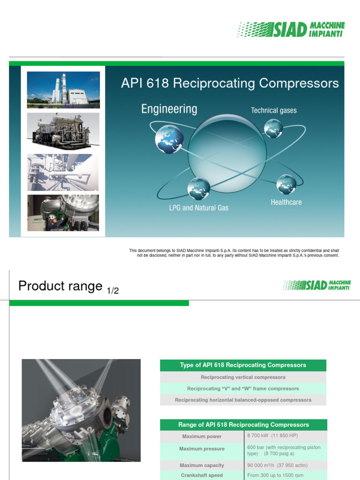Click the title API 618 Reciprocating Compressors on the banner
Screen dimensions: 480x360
pos(230,83)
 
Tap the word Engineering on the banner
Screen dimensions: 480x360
pos(169,109)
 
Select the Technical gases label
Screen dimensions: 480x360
pos(274,111)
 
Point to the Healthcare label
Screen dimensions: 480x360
pos(286,202)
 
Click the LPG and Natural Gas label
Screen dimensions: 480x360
pos(198,208)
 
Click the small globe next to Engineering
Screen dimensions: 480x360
pos(169,139)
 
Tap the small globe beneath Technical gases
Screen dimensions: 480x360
pos(273,128)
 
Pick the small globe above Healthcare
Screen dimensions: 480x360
pos(286,184)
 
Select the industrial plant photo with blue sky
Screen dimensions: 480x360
pos(63,90)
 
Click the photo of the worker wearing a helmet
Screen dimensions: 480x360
pos(63,213)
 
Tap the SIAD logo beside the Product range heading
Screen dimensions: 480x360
pos(317,285)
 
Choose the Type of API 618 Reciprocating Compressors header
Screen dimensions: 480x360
pos(243,365)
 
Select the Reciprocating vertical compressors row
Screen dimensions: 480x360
pos(243,377)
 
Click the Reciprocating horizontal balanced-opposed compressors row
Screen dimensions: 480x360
pos(243,400)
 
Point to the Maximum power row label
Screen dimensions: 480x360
pos(202,436)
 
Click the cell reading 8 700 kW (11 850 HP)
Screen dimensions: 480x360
pos(272,436)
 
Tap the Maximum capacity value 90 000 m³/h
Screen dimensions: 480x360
pos(277,465)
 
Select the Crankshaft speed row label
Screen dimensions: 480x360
pos(202,475)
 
